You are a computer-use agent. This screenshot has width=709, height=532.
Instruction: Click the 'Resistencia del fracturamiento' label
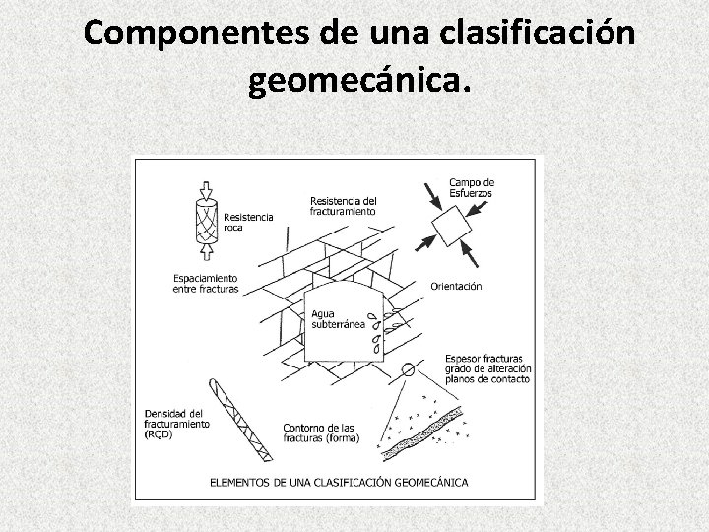click(x=343, y=205)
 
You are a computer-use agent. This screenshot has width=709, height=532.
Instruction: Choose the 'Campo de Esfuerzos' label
click(x=472, y=187)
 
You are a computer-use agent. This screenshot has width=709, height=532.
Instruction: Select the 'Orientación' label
click(x=456, y=286)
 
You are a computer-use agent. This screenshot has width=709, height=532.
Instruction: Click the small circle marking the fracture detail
click(x=408, y=370)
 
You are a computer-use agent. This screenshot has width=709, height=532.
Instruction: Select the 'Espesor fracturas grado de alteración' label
click(x=486, y=367)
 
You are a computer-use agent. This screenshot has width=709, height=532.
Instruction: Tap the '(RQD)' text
click(x=158, y=434)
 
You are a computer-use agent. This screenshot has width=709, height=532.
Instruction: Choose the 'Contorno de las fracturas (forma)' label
click(x=320, y=432)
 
